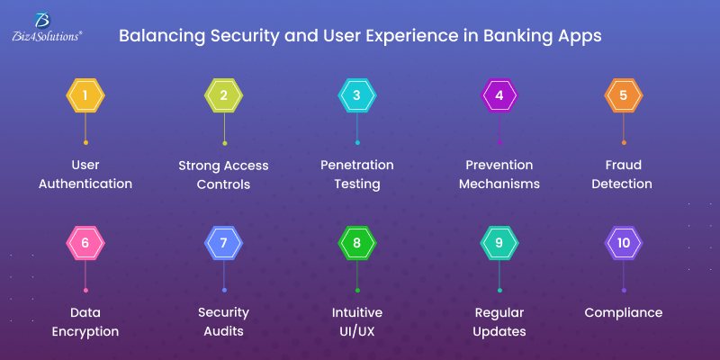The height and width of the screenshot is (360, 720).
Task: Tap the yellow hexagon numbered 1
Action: coord(85,95)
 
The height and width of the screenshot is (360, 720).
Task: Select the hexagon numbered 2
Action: coord(224,95)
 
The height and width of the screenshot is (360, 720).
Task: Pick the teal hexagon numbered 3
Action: coord(356,95)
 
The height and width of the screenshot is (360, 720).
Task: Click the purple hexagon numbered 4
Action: coord(499,95)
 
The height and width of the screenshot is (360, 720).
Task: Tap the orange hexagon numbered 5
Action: coord(623,95)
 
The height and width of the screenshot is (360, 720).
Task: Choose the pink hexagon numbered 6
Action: coord(85,243)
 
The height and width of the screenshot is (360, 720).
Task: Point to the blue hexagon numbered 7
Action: coord(224,243)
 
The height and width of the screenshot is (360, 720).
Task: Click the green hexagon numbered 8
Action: coord(356,243)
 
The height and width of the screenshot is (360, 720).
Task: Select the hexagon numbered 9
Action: coord(499,243)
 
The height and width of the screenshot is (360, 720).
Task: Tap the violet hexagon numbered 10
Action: coord(623,243)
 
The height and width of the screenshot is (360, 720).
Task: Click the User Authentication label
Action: coord(85,175)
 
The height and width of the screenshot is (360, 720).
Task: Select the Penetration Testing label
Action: coord(357,175)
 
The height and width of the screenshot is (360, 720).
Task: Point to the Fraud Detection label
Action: coord(623,175)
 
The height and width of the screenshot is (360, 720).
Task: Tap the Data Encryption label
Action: coord(85,322)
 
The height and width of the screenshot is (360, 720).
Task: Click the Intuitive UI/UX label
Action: coord(357,322)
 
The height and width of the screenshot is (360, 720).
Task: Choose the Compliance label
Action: coord(623,313)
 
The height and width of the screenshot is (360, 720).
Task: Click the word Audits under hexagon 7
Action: coord(224,331)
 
